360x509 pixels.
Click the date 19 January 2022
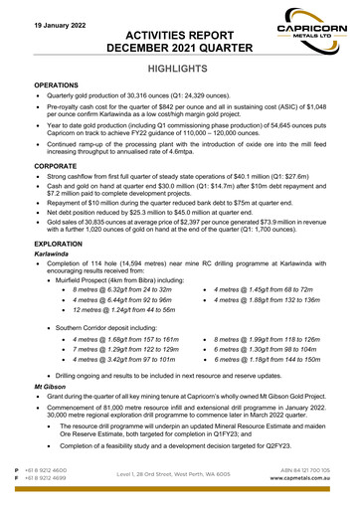47,22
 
